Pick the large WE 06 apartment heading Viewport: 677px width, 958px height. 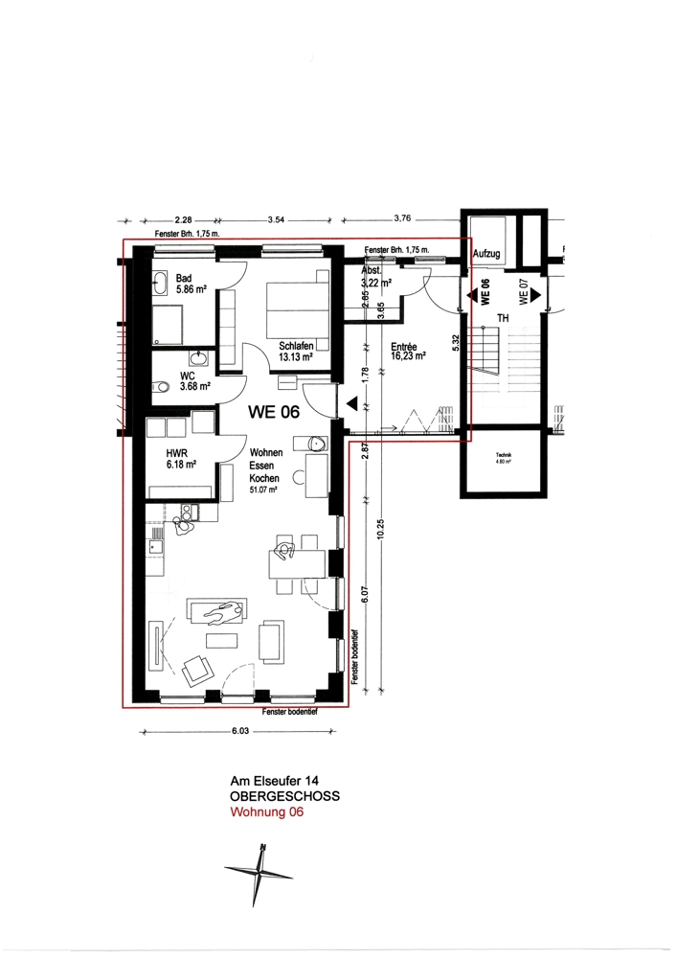274,413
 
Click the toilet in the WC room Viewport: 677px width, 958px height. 162,387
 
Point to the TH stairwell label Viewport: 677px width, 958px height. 500,318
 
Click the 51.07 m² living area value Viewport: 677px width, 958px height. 264,490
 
